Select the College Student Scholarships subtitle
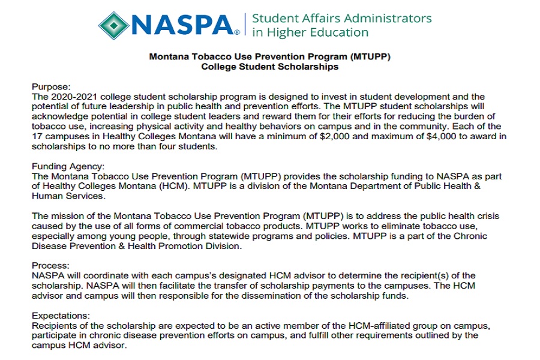tap(269, 67)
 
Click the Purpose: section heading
tap(51, 87)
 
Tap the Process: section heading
tap(51, 265)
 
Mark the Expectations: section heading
tap(62, 316)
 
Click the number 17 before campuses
tap(38, 136)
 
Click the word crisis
tap(487, 216)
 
